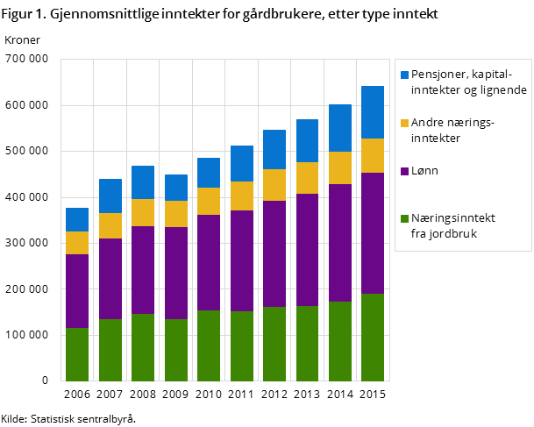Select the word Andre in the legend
[427, 124]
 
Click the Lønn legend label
[424, 171]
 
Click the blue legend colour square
[404, 75]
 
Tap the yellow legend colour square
[404, 124]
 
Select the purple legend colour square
[404, 171]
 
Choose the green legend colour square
[404, 218]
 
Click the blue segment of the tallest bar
[373, 112]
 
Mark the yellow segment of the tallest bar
[373, 155]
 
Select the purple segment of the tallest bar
[373, 233]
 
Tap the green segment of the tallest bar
[373, 338]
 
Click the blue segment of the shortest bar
[77, 219]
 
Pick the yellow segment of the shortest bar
[77, 243]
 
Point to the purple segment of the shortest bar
[77, 291]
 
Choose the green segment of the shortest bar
[77, 354]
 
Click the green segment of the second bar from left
[110, 350]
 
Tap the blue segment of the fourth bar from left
[176, 188]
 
